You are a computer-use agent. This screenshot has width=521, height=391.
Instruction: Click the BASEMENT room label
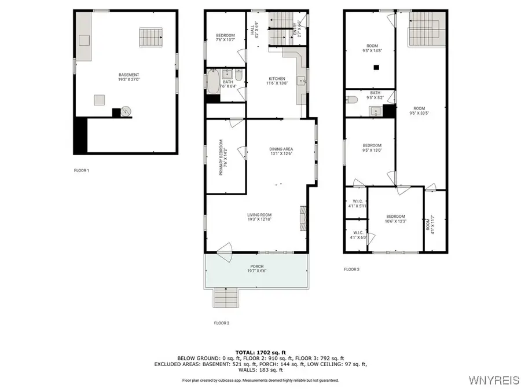pos(129,75)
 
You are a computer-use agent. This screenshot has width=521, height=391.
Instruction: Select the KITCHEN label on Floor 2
pos(276,79)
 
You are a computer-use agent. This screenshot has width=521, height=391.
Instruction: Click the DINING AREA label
pos(281,149)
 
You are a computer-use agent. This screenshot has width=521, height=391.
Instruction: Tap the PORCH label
pos(257,266)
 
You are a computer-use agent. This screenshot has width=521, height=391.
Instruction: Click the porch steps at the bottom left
pos(226,298)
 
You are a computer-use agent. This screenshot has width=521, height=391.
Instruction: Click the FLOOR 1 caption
pos(81,170)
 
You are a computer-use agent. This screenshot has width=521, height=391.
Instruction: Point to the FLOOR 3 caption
pos(351,269)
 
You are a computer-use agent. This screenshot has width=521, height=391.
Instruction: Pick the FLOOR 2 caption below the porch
pos(221,323)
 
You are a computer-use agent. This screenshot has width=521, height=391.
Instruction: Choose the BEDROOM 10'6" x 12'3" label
pos(396,218)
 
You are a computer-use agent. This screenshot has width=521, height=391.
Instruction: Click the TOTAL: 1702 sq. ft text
pos(260,352)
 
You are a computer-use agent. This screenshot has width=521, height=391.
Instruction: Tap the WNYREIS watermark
pos(494,380)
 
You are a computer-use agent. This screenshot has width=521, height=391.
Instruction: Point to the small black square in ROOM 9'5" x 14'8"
pos(376,68)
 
